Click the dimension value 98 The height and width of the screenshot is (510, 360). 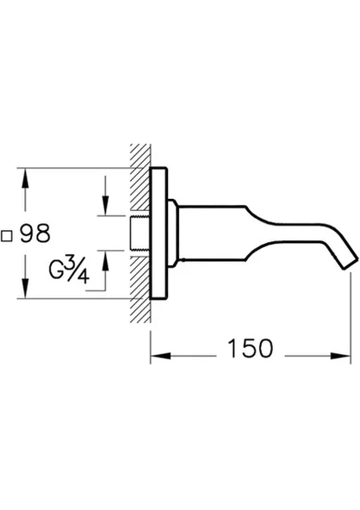click(35, 233)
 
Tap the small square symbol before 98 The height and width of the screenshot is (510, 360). click(7, 233)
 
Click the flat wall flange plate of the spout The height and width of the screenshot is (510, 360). click(158, 221)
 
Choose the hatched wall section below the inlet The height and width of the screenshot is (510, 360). click(139, 263)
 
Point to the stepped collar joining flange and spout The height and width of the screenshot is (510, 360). click(174, 221)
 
